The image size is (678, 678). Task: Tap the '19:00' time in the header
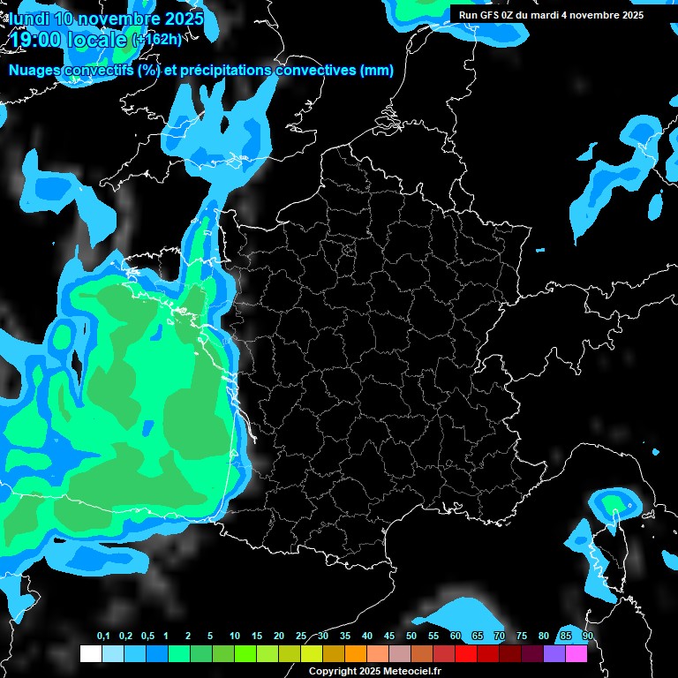tap(34, 39)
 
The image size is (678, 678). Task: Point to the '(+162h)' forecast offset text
tap(156, 40)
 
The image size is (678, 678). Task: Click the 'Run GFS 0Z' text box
tap(551, 15)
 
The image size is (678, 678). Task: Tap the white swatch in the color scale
tap(90, 654)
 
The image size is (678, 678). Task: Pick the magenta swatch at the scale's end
tap(576, 654)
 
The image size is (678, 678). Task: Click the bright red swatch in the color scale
tap(466, 654)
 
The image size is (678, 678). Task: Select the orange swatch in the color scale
tap(355, 654)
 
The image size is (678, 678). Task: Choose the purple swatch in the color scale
tap(554, 654)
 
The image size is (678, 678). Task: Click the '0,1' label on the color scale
tap(103, 637)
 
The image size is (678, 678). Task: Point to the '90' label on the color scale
tap(587, 637)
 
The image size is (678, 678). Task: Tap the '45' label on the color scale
tap(389, 637)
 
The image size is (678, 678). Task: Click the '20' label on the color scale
tap(279, 637)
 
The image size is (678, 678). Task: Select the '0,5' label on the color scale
tap(147, 637)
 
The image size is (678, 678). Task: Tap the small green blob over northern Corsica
tap(613, 504)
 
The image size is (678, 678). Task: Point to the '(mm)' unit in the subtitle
tap(377, 71)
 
